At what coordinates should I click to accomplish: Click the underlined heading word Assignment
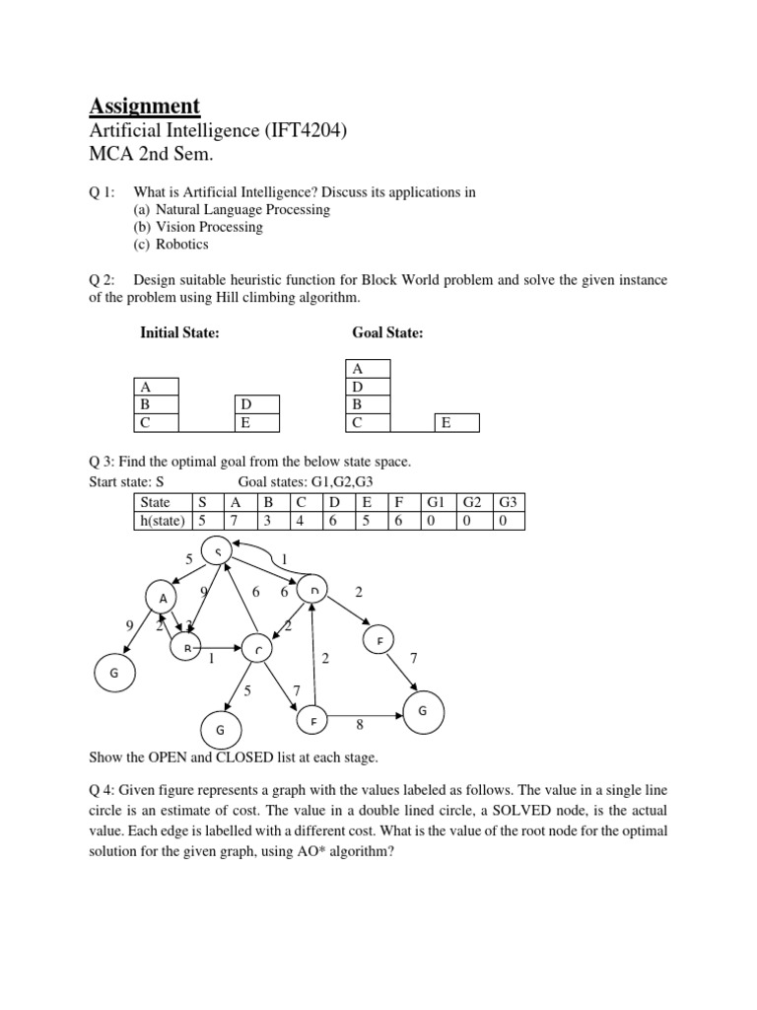tap(144, 106)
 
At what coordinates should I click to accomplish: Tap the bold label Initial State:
tap(179, 333)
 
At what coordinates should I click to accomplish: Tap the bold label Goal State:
tap(387, 333)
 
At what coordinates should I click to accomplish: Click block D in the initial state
tap(257, 404)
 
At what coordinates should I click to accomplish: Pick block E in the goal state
tap(456, 423)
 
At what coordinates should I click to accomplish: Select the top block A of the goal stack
tap(371, 368)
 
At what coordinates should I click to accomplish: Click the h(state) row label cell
tap(162, 521)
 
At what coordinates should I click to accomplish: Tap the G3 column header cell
tap(507, 502)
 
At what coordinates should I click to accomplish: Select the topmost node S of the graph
tap(218, 551)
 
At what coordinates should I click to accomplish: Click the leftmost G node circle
tap(113, 673)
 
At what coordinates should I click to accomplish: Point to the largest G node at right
tap(422, 711)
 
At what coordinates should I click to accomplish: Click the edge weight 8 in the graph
tap(360, 725)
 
